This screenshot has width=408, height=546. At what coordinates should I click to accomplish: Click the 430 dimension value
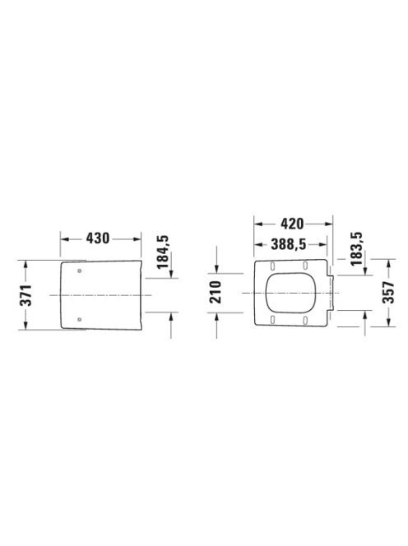(x=98, y=238)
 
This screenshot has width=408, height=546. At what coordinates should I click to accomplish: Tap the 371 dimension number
(x=25, y=295)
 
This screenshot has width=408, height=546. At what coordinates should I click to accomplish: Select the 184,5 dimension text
(x=162, y=252)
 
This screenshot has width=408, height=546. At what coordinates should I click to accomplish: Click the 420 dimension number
(x=292, y=224)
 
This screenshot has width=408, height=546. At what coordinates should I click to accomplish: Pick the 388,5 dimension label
(x=289, y=244)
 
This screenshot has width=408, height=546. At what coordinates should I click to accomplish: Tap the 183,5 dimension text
(x=356, y=249)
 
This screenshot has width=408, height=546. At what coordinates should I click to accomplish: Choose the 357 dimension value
(x=389, y=293)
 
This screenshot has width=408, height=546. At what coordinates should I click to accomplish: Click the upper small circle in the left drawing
(x=80, y=271)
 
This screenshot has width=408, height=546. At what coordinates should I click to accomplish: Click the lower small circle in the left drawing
(x=80, y=318)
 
